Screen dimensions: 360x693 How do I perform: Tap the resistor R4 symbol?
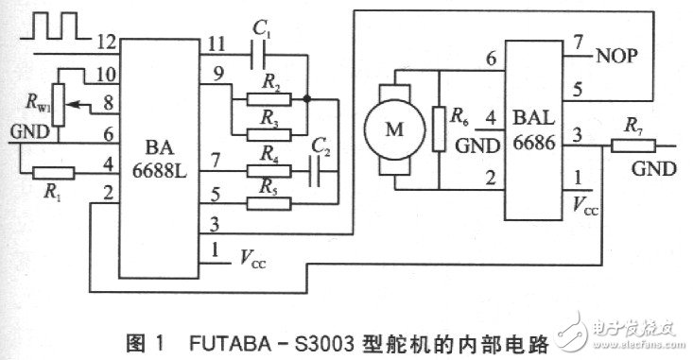(268, 171)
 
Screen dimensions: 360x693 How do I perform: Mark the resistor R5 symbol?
(268, 196)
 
